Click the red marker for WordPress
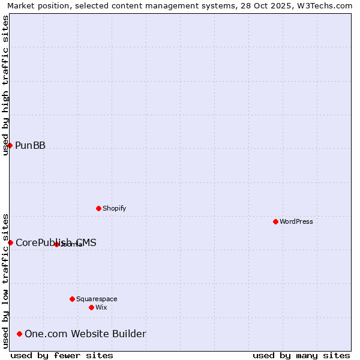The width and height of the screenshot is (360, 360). (275, 221)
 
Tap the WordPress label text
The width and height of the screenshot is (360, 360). (296, 221)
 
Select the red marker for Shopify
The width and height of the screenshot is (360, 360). (98, 208)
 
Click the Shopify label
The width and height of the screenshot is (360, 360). (114, 208)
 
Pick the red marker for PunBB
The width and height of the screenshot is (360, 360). (10, 145)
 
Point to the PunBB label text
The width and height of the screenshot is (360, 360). (30, 145)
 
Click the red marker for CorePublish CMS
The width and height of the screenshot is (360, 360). (10, 242)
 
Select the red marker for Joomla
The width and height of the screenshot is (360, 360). (56, 244)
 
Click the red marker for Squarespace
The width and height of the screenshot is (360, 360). (72, 299)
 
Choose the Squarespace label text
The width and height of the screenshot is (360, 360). (96, 299)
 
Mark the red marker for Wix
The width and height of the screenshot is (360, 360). (91, 307)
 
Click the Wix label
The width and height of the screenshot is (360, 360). (101, 307)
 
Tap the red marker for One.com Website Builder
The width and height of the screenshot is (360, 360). (20, 334)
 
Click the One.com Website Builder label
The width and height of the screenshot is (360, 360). (85, 334)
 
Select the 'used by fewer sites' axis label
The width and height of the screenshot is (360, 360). (62, 355)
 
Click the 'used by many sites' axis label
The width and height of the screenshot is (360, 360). (301, 355)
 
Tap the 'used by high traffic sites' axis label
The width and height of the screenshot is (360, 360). (5, 85)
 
